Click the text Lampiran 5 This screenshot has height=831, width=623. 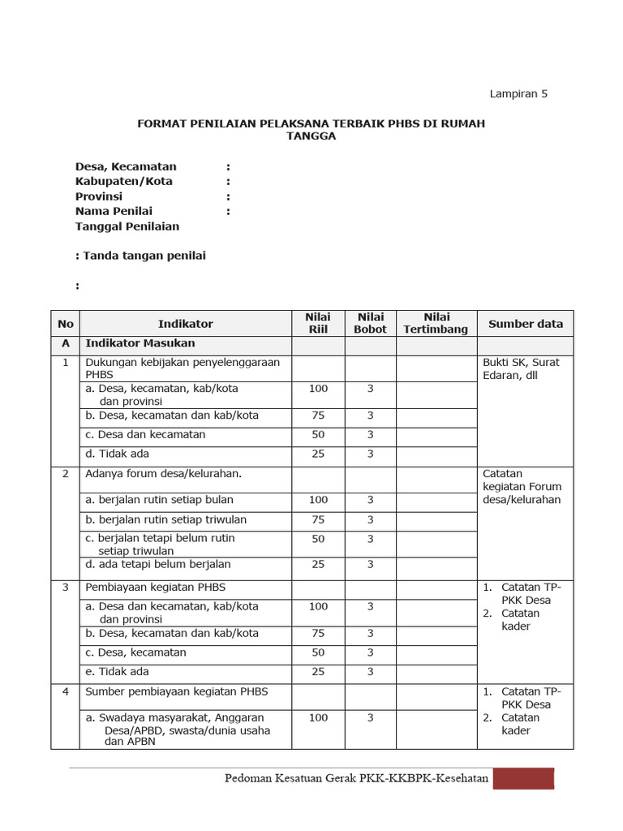tap(518, 93)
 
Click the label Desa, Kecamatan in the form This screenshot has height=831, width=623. tap(126, 166)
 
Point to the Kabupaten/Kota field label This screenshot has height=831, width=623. tap(124, 181)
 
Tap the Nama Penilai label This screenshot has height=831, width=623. tap(114, 211)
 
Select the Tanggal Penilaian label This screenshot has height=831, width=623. tap(127, 226)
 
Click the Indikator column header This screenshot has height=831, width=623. tap(186, 324)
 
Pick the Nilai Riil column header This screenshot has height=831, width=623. tap(318, 323)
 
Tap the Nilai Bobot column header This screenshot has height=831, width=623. tap(370, 323)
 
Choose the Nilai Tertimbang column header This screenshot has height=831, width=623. tap(436, 323)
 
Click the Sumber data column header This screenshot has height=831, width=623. tap(525, 324)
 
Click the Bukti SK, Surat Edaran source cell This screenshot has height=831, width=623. tap(522, 368)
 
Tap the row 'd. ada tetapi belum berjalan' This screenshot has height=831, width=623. tap(158, 564)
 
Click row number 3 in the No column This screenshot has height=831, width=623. tap(65, 587)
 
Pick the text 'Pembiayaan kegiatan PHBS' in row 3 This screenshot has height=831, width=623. tap(155, 587)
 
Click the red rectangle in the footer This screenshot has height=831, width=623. tap(524, 779)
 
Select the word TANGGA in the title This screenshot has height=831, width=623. tap(311, 136)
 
